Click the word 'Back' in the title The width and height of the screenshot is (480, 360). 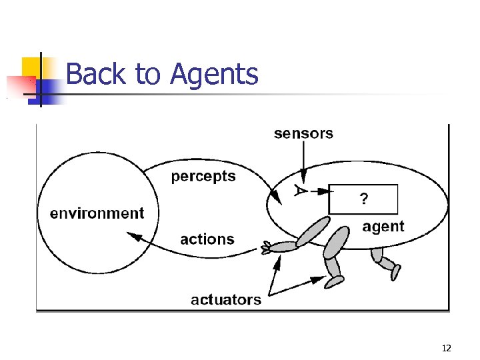[97, 74]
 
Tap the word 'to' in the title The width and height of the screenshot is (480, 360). [149, 74]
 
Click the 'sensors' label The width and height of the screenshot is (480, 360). [303, 133]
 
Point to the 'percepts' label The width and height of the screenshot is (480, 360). [203, 177]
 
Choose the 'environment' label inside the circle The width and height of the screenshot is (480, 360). [97, 213]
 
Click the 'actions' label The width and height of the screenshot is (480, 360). [207, 239]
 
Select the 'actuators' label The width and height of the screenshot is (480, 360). [226, 299]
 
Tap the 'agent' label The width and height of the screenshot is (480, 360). [383, 227]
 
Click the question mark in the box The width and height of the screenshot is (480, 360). [363, 198]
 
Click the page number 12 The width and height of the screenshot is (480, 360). [446, 348]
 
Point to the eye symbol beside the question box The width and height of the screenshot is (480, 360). [301, 191]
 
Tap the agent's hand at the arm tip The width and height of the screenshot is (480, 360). [267, 248]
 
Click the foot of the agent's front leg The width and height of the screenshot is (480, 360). [334, 282]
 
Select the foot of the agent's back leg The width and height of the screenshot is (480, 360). [395, 272]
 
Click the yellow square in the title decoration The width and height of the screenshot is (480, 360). [32, 68]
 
